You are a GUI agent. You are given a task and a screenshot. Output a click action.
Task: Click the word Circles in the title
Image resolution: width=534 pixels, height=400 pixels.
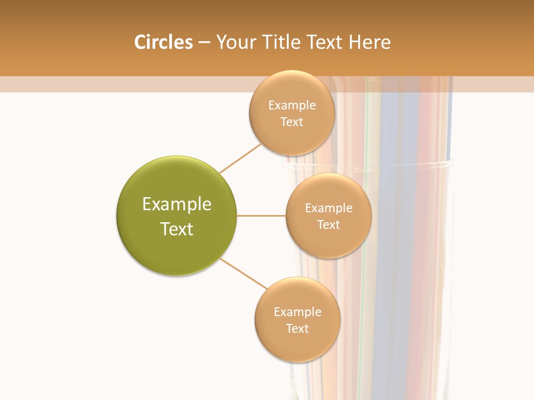[163, 42]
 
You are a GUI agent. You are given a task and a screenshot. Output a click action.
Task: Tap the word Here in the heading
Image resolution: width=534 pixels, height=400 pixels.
[369, 42]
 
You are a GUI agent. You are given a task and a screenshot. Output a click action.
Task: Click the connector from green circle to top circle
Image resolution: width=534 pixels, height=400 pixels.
[240, 158]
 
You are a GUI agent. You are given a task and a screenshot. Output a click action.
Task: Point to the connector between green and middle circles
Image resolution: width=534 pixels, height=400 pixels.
[261, 216]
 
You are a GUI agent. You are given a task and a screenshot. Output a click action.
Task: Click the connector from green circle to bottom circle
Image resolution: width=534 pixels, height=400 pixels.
[244, 273]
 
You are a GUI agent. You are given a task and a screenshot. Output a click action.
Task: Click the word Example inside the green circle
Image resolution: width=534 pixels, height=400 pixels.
[177, 204]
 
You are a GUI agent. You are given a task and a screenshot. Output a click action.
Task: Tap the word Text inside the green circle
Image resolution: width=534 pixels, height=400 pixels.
[177, 229]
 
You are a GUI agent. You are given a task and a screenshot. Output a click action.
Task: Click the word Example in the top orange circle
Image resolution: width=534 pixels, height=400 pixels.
[291, 105]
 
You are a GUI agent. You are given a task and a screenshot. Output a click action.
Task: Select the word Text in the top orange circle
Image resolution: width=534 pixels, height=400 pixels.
[291, 122]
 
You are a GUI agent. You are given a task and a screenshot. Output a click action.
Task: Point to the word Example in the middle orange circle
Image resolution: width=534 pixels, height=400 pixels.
[328, 208]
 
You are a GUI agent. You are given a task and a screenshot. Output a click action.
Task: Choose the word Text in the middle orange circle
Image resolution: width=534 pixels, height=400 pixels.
[328, 224]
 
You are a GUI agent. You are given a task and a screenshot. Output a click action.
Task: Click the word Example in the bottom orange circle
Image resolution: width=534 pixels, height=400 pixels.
[297, 312]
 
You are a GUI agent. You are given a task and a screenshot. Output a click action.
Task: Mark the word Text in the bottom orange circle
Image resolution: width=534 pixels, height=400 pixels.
[297, 328]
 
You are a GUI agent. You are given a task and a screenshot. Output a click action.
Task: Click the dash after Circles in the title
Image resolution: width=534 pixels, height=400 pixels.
[204, 43]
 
